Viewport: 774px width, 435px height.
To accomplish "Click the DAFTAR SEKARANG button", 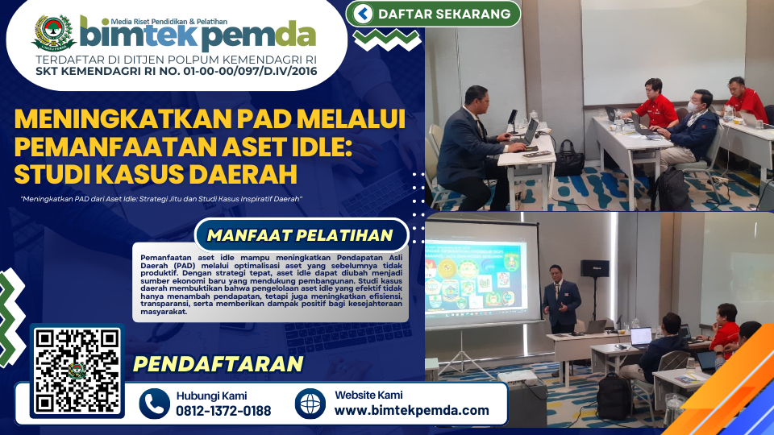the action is (x=433, y=14).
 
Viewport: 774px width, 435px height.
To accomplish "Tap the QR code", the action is (x=77, y=371).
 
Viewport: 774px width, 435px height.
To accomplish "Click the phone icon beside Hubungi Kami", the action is (x=155, y=404).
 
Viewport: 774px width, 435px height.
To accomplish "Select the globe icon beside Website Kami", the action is (x=310, y=404).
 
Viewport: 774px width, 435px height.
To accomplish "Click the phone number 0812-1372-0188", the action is (x=223, y=411).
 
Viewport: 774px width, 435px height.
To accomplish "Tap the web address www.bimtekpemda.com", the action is (x=412, y=410).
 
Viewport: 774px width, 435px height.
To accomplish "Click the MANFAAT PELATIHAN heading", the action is (x=300, y=235).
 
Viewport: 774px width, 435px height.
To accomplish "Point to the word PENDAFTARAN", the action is (x=218, y=364).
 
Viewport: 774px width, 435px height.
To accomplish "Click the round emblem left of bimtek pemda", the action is (x=53, y=33).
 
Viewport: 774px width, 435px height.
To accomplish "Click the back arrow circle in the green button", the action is (x=363, y=14).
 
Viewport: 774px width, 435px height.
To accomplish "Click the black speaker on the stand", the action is (x=594, y=268).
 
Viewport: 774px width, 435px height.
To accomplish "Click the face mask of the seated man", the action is (x=693, y=106).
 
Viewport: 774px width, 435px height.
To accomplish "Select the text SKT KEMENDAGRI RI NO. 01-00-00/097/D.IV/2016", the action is (x=177, y=72).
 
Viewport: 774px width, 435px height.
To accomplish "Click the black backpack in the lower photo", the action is (x=614, y=396).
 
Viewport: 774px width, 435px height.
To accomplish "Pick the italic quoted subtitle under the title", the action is (x=161, y=199).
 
